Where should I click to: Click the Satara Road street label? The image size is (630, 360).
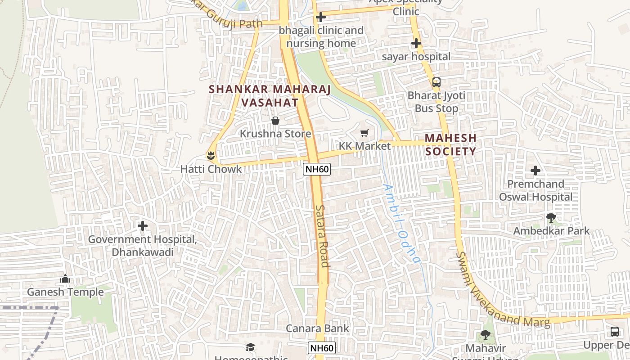[x=322, y=236]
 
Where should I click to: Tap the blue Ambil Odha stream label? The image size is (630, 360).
[x=402, y=224]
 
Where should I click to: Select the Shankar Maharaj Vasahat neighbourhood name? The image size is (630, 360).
[x=270, y=96]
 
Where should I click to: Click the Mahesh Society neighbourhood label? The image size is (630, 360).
[x=450, y=144]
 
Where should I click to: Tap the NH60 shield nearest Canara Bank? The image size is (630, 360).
[x=322, y=348]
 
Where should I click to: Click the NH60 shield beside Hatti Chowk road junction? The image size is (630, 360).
[x=317, y=169]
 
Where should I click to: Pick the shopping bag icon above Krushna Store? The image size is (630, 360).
[x=275, y=121]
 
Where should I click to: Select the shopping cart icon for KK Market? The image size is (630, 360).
[x=364, y=133]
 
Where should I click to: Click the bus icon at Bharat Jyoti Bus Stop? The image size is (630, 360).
[x=436, y=82]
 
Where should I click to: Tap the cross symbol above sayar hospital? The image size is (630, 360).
[x=416, y=44]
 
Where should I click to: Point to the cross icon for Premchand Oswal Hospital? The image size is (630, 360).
[x=535, y=171]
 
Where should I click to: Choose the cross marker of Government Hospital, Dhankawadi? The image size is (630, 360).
[x=143, y=225]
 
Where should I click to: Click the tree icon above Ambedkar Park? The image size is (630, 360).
[x=551, y=218]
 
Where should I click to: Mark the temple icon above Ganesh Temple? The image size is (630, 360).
[x=65, y=279]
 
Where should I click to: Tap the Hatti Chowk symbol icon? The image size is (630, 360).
[x=210, y=156]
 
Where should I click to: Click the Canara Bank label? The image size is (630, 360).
[x=318, y=328]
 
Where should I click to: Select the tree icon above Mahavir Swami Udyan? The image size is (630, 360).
[x=485, y=334]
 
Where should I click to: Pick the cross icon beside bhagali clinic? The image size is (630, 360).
[x=321, y=18]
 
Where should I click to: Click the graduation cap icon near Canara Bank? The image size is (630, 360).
[x=250, y=347]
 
